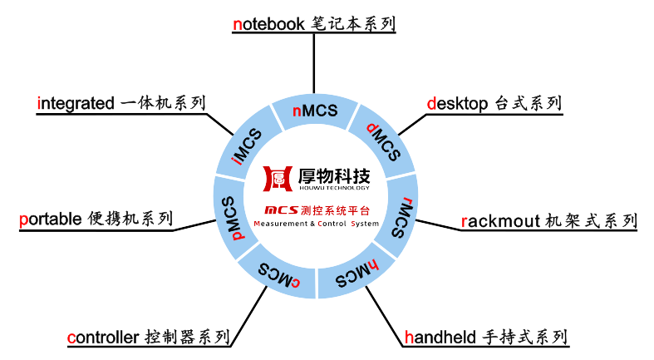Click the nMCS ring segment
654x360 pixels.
pyautogui.click(x=315, y=112)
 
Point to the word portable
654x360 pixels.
pyautogui.click(x=49, y=219)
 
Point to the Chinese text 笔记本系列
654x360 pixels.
pyautogui.click(x=361, y=23)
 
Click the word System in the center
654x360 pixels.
pyautogui.click(x=365, y=224)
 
